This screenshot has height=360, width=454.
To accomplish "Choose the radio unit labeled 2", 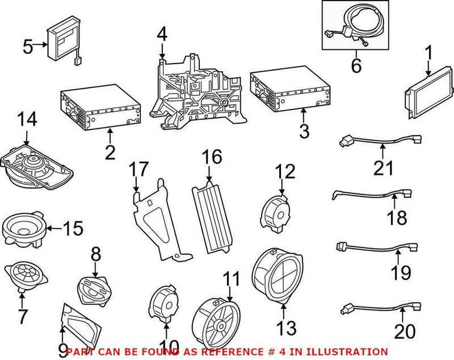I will tap(100, 110).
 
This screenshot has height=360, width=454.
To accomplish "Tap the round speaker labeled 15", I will tap(24, 228).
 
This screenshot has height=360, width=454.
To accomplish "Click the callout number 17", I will tap(138, 169).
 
